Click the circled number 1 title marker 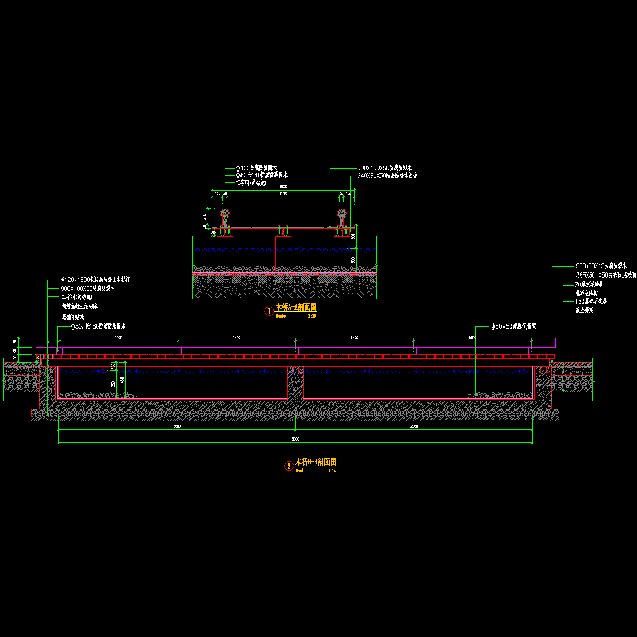tap(269, 311)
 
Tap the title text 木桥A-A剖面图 tap(296, 307)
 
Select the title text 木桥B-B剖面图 tap(315, 462)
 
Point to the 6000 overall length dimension tap(296, 439)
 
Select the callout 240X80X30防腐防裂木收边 tap(387, 176)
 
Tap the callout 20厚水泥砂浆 tap(589, 285)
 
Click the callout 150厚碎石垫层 tap(591, 301)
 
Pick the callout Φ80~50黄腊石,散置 tap(513, 326)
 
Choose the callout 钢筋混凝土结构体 tap(80, 306)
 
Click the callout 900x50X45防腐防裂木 tap(601, 265)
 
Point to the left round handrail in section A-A tap(225, 214)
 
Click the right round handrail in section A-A tap(341, 214)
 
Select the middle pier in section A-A tap(283, 253)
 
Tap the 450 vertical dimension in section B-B tap(123, 380)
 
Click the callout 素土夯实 tap(583, 309)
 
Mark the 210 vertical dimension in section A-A tap(205, 216)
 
